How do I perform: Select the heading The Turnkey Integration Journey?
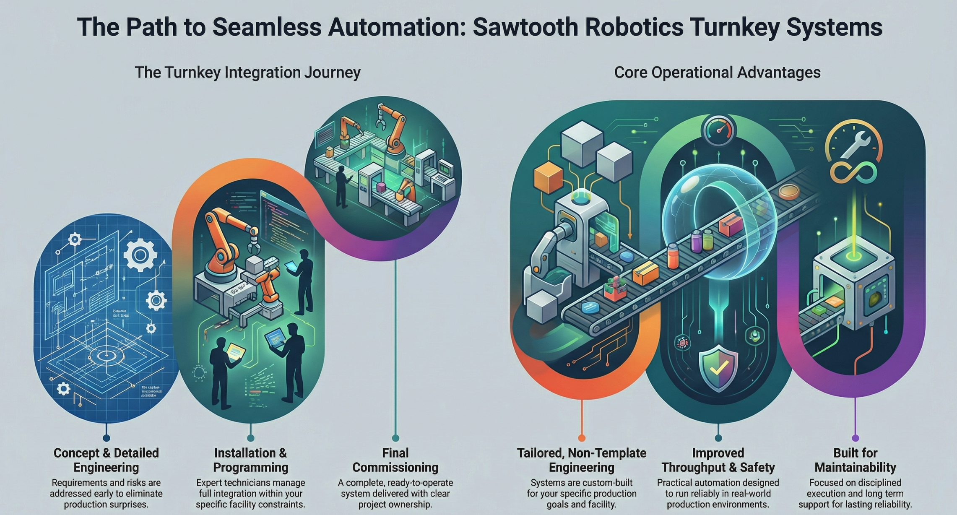coord(247,73)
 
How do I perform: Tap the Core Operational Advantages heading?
coord(717,73)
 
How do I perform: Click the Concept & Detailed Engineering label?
coord(106,460)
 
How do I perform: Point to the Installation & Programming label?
coord(250,460)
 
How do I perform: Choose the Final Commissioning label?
coord(395,460)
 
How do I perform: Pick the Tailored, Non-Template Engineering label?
coord(581,460)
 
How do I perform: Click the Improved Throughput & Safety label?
coord(718,460)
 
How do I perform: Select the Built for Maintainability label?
coord(855,460)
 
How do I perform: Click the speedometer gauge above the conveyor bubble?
coord(718,131)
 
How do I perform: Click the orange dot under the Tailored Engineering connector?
coord(581,438)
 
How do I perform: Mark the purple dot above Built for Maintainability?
coord(855,438)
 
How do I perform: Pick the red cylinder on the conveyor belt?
coord(673,256)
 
